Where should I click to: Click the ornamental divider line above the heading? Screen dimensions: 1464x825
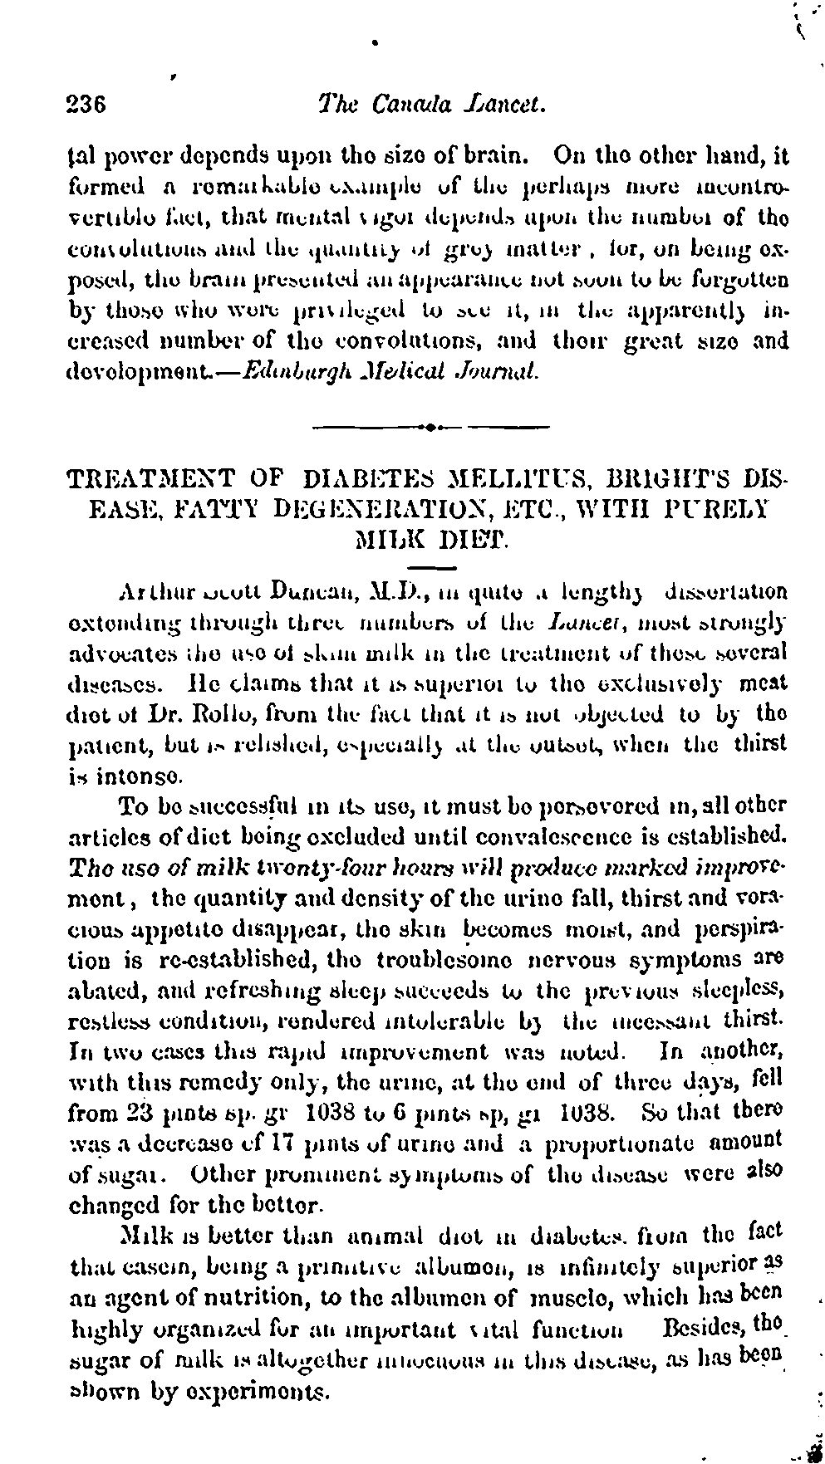point(430,428)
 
